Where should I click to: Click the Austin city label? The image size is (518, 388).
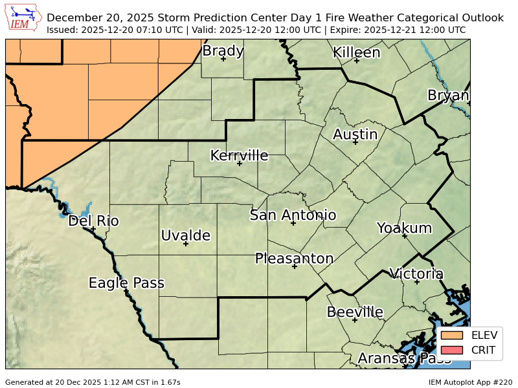click(x=355, y=135)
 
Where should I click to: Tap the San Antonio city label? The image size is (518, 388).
click(x=293, y=215)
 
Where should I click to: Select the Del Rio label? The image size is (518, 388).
click(x=93, y=221)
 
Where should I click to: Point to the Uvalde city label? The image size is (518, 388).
click(x=185, y=235)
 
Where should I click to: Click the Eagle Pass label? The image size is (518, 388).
click(x=126, y=283)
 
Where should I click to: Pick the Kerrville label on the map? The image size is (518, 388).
click(x=239, y=156)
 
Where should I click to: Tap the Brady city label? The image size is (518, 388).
click(x=223, y=51)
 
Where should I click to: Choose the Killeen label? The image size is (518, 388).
click(x=356, y=53)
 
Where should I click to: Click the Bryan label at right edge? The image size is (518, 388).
click(x=448, y=96)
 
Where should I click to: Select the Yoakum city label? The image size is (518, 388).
click(x=404, y=228)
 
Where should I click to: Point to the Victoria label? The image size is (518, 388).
click(x=416, y=274)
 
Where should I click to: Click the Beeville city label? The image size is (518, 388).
click(x=355, y=312)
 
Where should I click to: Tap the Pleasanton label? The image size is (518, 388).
click(x=294, y=259)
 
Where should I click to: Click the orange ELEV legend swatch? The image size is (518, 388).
click(x=453, y=335)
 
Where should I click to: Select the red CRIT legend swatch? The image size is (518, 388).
click(x=453, y=350)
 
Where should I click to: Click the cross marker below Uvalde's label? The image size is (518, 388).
click(x=185, y=244)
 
